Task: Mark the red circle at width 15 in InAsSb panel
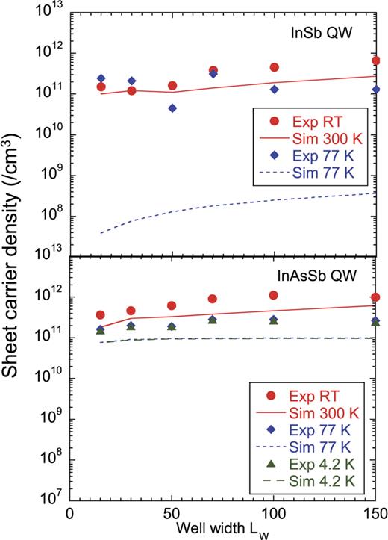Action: point(101,315)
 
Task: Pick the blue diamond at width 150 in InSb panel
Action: point(376,90)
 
